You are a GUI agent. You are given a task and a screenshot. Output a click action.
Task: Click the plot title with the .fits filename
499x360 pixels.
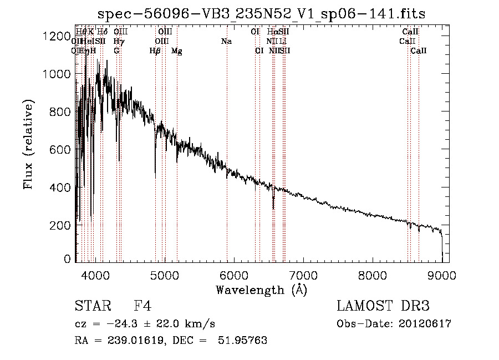pyautogui.click(x=261, y=14)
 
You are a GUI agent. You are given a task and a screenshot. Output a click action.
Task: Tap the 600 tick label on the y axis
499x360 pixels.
pyautogui.click(x=60, y=150)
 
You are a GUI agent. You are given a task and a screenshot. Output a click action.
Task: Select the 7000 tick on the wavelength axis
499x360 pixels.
pyautogui.click(x=303, y=273)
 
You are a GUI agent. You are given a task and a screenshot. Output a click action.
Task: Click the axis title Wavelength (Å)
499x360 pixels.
pyautogui.click(x=261, y=290)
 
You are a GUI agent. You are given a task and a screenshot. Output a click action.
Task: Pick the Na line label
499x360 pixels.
pyautogui.click(x=226, y=42)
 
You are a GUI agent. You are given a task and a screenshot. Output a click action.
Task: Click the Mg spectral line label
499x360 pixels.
pyautogui.click(x=177, y=51)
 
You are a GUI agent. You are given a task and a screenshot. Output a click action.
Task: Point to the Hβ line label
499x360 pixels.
pyautogui.click(x=155, y=51)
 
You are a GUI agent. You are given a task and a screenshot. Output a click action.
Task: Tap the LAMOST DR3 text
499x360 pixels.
pyautogui.click(x=383, y=306)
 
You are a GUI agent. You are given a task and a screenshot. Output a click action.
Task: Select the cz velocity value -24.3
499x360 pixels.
pyautogui.click(x=131, y=324)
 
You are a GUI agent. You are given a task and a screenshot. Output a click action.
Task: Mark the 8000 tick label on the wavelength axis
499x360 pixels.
pyautogui.click(x=372, y=273)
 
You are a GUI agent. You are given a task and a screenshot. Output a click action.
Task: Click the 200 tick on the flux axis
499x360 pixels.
pyautogui.click(x=60, y=225)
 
